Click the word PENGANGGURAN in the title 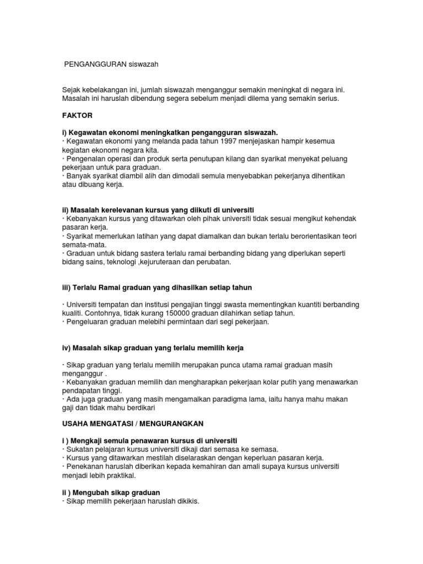(95, 64)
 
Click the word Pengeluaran (90, 322)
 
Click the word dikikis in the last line (185, 502)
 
